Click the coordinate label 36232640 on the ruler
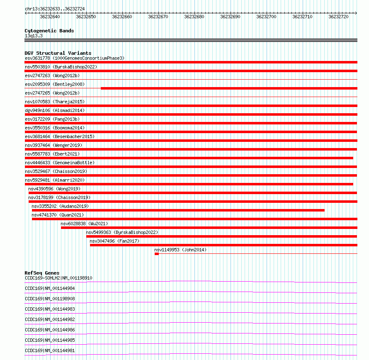click(x=50, y=17)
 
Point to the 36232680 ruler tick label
click(x=194, y=17)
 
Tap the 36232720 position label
click(x=339, y=17)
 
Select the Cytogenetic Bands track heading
click(x=49, y=31)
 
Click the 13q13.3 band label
click(x=34, y=36)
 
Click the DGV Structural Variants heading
click(x=58, y=53)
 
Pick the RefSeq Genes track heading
click(x=42, y=273)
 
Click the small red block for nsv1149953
click(x=157, y=254)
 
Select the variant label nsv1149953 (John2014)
click(x=180, y=250)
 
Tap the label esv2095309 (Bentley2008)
click(x=55, y=84)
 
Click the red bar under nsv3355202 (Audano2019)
click(x=178, y=210)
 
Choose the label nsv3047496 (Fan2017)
click(x=114, y=241)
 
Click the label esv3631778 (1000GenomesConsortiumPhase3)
click(x=75, y=58)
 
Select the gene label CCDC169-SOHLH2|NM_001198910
click(x=58, y=278)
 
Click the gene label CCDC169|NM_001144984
click(x=50, y=288)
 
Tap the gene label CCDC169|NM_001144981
click(x=50, y=350)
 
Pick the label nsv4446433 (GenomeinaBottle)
click(x=60, y=163)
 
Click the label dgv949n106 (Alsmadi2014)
click(x=55, y=110)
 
